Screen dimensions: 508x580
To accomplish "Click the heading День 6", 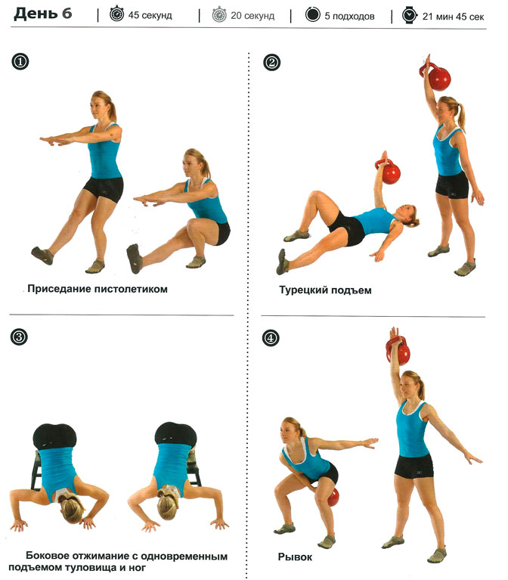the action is [42, 14].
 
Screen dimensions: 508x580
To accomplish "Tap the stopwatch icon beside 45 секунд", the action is [117, 14].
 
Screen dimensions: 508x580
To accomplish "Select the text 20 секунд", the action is [252, 16].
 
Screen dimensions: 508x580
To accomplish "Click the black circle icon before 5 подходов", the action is [312, 15].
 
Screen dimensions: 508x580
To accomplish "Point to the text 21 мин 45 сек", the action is [453, 17].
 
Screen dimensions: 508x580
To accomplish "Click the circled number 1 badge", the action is [20, 61].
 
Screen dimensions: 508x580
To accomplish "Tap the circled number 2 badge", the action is [271, 62].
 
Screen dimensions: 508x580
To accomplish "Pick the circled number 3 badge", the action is [19, 337].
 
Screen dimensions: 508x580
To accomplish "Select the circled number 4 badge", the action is [271, 338].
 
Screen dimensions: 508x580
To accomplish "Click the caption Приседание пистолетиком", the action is [98, 289].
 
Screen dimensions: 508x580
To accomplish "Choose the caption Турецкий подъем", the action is [325, 290].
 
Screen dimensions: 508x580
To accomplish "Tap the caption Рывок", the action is [295, 557].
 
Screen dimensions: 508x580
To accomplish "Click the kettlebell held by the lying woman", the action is [389, 171].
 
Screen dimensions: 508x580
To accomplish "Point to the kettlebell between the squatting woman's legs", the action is [333, 497].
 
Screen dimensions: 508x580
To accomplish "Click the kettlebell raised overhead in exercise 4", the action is [398, 351].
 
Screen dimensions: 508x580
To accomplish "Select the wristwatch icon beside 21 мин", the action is [409, 15].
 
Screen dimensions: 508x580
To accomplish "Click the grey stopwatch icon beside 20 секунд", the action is [219, 15].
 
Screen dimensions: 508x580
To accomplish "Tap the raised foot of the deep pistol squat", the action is [134, 259].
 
